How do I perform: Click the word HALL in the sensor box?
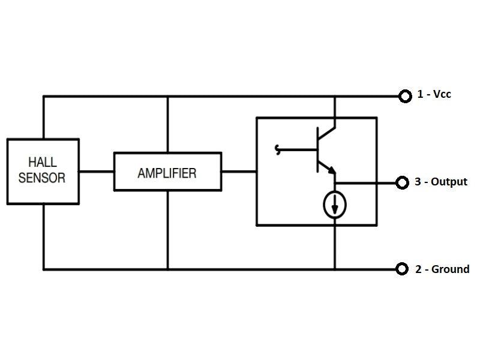click(x=42, y=162)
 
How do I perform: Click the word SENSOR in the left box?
click(x=42, y=178)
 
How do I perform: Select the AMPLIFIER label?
click(x=167, y=173)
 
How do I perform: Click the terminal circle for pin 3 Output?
click(x=401, y=182)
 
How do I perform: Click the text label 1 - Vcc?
click(x=434, y=94)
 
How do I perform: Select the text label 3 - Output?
click(x=441, y=182)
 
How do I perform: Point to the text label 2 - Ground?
click(x=442, y=269)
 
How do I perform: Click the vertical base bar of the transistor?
click(x=317, y=150)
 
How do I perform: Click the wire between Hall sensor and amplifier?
click(x=96, y=172)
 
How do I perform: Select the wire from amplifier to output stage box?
click(x=239, y=172)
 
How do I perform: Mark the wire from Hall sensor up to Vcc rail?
click(x=43, y=117)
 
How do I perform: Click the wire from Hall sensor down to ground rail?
click(x=43, y=237)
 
